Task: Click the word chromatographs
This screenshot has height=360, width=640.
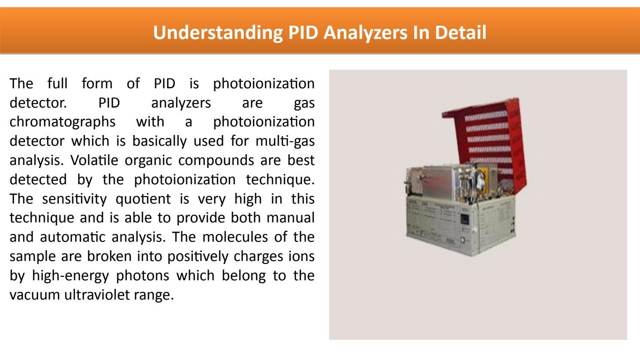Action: tap(62, 122)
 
